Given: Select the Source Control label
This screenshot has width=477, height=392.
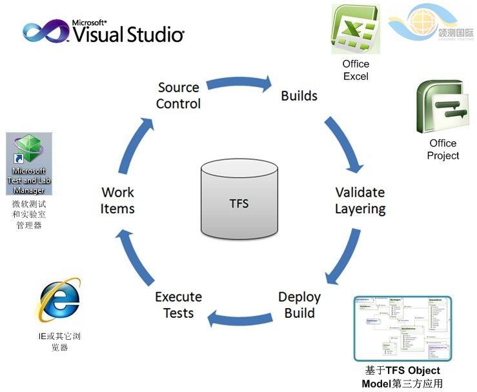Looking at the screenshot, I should [x=179, y=95].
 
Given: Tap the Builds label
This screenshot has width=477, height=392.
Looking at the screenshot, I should [x=299, y=96].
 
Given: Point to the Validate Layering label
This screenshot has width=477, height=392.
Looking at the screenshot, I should [x=360, y=201].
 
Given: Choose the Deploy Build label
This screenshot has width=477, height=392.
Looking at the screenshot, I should [x=299, y=305].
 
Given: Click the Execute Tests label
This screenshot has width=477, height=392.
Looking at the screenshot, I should [x=178, y=305].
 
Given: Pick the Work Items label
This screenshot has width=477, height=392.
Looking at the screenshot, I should [x=118, y=200].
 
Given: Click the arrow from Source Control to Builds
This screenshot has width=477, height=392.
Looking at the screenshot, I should [x=239, y=82].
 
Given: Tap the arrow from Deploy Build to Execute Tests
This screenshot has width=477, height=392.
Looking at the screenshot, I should [x=240, y=317].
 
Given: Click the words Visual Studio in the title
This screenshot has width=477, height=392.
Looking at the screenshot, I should [x=128, y=34].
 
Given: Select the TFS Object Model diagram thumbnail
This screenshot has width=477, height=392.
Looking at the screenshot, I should [x=403, y=328].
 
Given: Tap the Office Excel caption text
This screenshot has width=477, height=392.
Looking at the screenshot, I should [x=356, y=70].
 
